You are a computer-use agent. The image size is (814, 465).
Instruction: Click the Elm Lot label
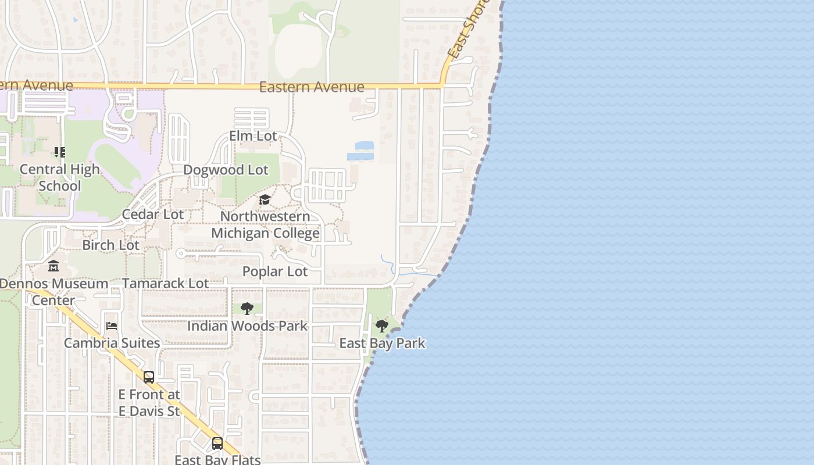(253, 136)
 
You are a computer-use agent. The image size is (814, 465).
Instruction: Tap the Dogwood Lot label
(226, 170)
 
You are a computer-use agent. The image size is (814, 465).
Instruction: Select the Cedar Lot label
(152, 214)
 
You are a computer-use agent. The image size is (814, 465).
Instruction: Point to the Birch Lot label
(110, 245)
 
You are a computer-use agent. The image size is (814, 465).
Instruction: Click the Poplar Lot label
(275, 271)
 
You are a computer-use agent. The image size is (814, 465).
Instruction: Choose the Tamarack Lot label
(165, 284)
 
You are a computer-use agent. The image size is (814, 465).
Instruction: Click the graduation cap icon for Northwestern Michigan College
(265, 200)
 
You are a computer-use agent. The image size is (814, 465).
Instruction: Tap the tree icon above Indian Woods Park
(247, 309)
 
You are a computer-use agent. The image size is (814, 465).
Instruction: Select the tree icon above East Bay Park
(382, 325)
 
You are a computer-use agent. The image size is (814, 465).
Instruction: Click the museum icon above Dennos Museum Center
(53, 267)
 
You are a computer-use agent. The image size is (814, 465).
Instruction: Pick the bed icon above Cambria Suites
(112, 326)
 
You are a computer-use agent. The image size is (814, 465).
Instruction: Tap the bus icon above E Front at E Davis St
(149, 377)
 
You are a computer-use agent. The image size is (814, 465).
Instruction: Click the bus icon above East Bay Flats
(217, 443)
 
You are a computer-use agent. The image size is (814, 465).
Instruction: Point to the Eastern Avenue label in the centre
(312, 87)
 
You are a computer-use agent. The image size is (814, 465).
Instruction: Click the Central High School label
(60, 178)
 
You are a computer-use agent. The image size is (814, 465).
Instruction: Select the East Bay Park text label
(382, 344)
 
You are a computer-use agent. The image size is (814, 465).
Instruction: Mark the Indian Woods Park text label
(247, 326)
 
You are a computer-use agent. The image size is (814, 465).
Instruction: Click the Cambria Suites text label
(112, 344)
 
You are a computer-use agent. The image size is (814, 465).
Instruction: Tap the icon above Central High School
(60, 152)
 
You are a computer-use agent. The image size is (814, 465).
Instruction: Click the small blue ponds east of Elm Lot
(362, 151)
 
